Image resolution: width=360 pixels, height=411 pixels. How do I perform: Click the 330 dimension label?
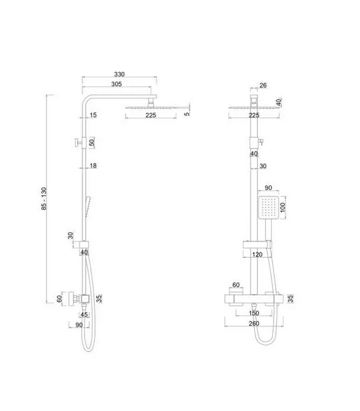(120, 75)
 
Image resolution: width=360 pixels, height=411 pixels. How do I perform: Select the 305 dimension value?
(117, 84)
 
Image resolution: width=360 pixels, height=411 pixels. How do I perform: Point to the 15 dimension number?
(93, 115)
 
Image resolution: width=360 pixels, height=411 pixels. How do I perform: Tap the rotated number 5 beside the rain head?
(187, 114)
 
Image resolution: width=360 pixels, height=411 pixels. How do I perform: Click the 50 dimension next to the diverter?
(92, 142)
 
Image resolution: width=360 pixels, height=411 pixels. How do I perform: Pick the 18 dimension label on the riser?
(93, 166)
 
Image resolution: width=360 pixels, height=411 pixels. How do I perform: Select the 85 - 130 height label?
(44, 198)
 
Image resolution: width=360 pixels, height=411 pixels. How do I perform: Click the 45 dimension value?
(84, 314)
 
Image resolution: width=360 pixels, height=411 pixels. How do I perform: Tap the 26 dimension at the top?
(263, 85)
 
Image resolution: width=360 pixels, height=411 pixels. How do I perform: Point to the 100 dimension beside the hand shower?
(282, 207)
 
